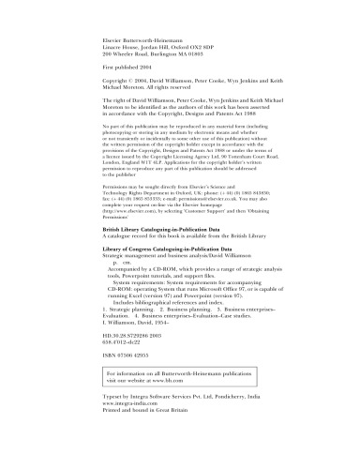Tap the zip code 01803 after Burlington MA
[209, 54]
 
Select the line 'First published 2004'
[131, 69]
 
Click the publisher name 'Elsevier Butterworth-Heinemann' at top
[151, 41]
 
